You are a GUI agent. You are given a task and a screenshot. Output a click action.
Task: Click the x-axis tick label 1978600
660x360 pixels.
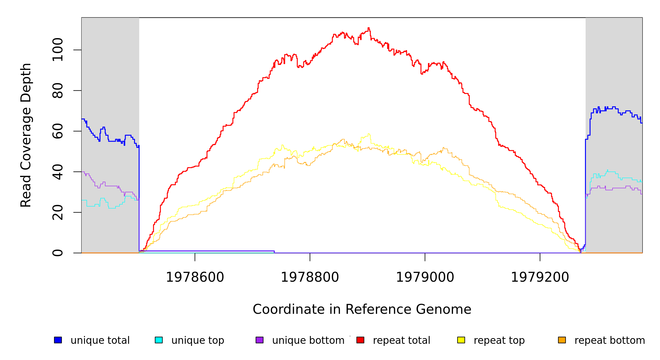[195, 277]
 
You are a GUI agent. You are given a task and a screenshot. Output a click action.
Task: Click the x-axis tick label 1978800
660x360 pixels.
[310, 277]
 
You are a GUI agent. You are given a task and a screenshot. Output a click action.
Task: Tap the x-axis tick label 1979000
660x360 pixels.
[425, 277]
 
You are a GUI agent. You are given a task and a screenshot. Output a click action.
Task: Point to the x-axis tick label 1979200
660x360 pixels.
[540, 277]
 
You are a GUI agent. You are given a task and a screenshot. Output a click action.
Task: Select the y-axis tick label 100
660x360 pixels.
[58, 50]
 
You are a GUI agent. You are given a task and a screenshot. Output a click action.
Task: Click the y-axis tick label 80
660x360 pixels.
[58, 91]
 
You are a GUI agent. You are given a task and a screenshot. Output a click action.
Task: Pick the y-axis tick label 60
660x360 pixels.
[58, 131]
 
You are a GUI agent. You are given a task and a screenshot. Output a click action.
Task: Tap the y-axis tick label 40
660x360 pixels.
[58, 172]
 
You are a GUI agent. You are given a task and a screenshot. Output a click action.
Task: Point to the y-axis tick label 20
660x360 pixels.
[58, 212]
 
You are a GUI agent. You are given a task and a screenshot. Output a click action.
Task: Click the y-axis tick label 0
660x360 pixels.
[58, 253]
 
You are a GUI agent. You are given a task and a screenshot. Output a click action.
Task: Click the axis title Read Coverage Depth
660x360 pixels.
[26, 135]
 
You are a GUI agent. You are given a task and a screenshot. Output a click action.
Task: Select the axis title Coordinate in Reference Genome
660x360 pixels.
[362, 309]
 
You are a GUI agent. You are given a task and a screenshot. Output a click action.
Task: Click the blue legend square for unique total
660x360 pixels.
[58, 340]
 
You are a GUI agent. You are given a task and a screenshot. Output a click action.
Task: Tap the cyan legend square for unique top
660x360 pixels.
[159, 340]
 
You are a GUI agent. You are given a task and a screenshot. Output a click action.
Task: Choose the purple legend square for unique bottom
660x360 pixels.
[259, 340]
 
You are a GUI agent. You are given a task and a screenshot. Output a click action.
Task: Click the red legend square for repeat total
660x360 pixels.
[360, 340]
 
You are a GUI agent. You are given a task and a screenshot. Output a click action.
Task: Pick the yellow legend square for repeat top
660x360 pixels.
[461, 340]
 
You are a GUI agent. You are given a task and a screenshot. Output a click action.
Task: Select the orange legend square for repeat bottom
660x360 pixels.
[562, 340]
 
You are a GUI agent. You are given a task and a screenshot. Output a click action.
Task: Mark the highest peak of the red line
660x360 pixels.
[369, 28]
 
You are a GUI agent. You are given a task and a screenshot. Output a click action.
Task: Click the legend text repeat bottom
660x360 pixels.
[610, 340]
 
